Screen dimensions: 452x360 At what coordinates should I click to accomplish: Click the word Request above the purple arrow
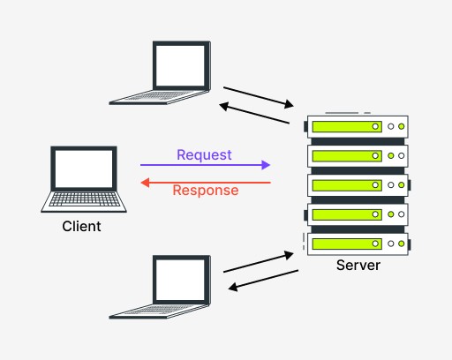(x=204, y=155)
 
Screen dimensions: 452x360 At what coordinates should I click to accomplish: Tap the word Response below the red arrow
(x=206, y=191)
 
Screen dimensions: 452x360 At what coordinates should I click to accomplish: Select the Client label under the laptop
(x=81, y=227)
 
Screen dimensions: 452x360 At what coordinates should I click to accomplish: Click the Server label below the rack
(x=358, y=265)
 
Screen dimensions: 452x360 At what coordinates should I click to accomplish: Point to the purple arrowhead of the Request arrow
(x=266, y=165)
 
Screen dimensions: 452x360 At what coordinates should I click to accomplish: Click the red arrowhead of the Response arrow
(x=145, y=183)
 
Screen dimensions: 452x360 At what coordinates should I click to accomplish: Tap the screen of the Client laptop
(x=84, y=169)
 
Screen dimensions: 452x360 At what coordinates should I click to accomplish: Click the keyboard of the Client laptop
(x=85, y=199)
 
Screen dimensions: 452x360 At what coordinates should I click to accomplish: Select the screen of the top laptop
(x=180, y=65)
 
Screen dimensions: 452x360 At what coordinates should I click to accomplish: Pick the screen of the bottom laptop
(x=180, y=280)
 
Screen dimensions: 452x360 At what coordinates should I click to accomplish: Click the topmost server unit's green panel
(x=347, y=127)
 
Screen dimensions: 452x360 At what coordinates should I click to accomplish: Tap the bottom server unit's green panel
(x=347, y=244)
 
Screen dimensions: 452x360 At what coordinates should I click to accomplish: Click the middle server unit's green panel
(x=347, y=185)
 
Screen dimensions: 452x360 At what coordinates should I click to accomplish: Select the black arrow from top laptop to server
(x=259, y=97)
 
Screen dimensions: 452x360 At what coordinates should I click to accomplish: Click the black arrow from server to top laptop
(x=254, y=113)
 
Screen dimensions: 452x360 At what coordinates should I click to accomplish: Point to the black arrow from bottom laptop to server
(x=259, y=262)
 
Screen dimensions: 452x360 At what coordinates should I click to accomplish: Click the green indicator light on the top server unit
(x=402, y=126)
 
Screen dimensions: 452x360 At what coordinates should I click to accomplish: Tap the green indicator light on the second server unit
(x=391, y=156)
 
